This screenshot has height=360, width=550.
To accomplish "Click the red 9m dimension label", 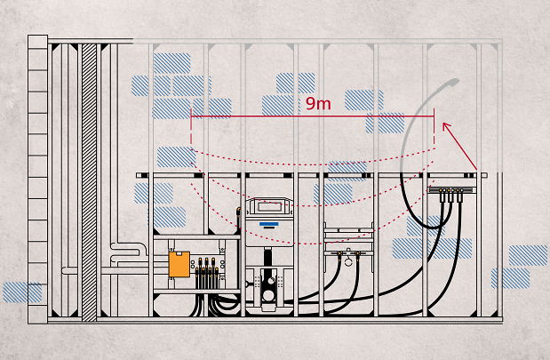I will pyautogui.click(x=317, y=103).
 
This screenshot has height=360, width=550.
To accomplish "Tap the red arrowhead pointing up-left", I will pyautogui.click(x=446, y=128).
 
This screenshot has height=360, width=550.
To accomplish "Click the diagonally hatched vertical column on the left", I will pyautogui.click(x=89, y=178).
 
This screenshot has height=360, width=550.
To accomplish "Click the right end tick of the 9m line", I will pyautogui.click(x=434, y=116).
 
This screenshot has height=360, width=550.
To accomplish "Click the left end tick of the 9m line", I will pyautogui.click(x=192, y=116).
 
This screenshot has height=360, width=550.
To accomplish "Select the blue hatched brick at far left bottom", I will pyautogui.click(x=21, y=292).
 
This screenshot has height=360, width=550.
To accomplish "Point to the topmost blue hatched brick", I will pyautogui.click(x=171, y=62).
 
